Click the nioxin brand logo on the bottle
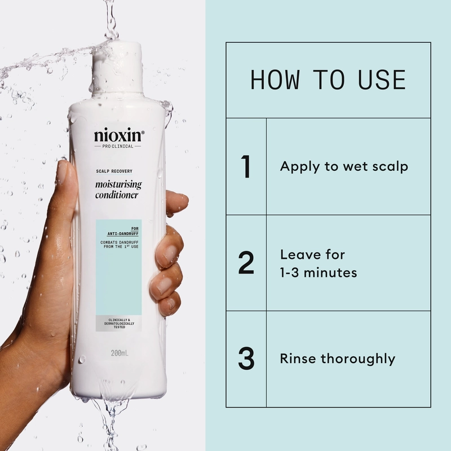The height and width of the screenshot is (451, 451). (x=119, y=135)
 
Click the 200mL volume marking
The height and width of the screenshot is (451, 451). (x=119, y=355)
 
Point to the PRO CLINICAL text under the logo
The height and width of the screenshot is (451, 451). (x=118, y=147)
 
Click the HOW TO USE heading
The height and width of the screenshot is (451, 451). (x=328, y=79)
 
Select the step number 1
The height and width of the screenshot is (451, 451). (x=246, y=167)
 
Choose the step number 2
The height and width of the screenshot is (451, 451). (x=246, y=263)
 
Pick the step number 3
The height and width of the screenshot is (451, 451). (x=246, y=359)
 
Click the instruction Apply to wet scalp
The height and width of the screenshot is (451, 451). (x=344, y=167)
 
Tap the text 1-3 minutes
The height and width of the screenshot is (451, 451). (x=319, y=273)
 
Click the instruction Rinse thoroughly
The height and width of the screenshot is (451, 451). (x=337, y=359)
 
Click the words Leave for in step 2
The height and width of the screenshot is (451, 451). (x=312, y=255)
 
